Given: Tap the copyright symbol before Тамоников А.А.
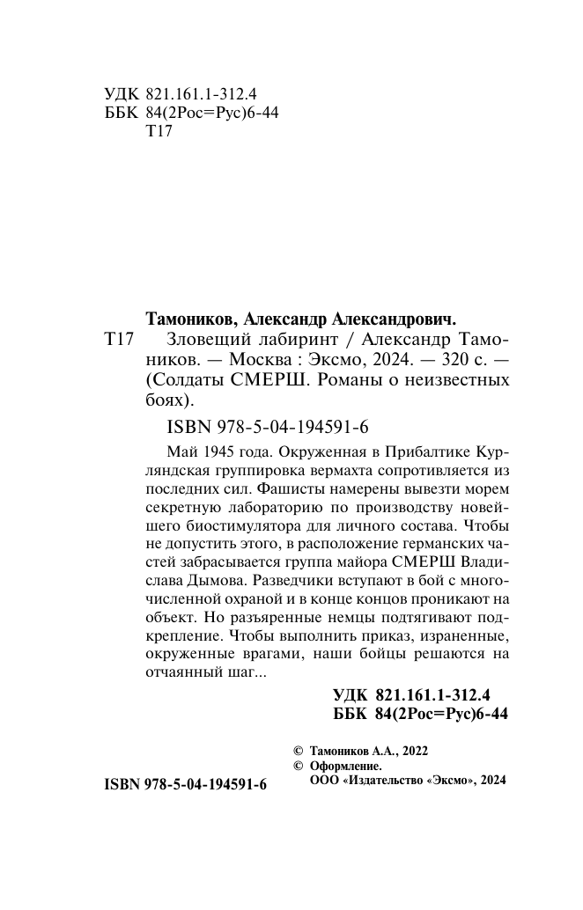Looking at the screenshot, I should click(x=297, y=751).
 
